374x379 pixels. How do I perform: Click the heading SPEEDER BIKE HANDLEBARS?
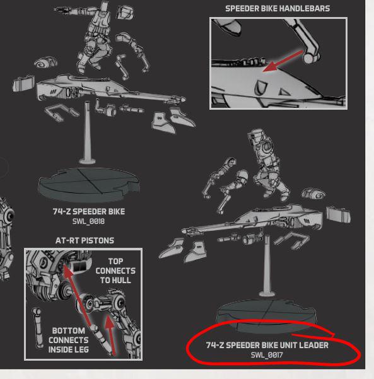[x=278, y=9]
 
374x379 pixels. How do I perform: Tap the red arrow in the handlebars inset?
[x=283, y=61]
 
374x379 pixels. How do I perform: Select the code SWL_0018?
[x=88, y=221]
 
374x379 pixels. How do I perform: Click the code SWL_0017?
[x=267, y=355]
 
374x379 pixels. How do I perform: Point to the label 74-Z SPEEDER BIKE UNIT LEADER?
[x=267, y=345]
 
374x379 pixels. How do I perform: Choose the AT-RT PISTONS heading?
[x=85, y=240]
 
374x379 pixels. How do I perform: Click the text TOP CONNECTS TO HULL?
[x=115, y=271]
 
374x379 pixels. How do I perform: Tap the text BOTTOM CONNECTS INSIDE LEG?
[x=68, y=340]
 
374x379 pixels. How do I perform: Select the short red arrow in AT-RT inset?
[x=110, y=335]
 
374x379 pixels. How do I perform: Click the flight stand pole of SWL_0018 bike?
[x=87, y=132]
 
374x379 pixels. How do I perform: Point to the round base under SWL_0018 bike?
[x=89, y=184]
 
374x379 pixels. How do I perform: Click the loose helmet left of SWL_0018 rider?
[x=46, y=63]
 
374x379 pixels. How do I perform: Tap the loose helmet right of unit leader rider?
[x=313, y=194]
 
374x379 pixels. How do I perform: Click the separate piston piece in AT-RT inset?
[x=37, y=327]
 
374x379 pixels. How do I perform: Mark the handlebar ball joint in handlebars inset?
[x=308, y=58]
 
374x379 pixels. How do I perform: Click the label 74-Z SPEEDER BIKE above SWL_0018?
[x=89, y=211]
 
